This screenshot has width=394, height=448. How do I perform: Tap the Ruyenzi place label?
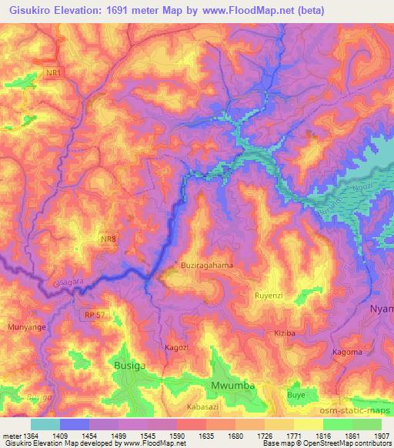tap(270, 295)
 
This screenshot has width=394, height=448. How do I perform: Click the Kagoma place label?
tap(346, 353)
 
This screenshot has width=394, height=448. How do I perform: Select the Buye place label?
tap(296, 395)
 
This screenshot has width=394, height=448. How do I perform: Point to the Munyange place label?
tap(26, 328)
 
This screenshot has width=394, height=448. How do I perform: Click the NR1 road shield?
tap(53, 72)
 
